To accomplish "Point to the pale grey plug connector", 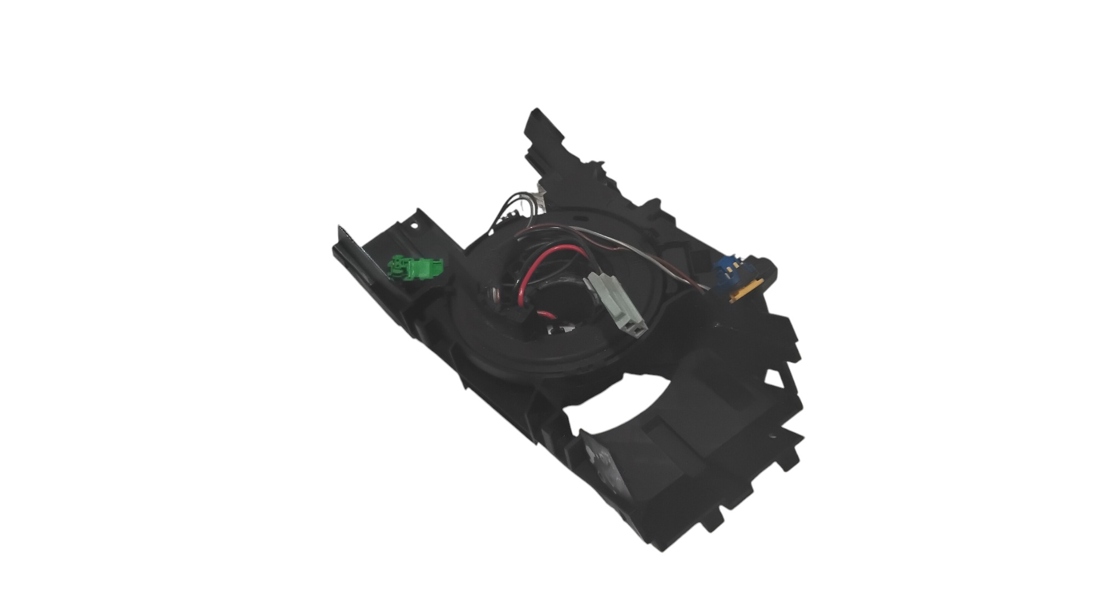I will (619, 301).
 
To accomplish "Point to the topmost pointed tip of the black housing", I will (532, 112).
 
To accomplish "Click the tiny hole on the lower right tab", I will (773, 437).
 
